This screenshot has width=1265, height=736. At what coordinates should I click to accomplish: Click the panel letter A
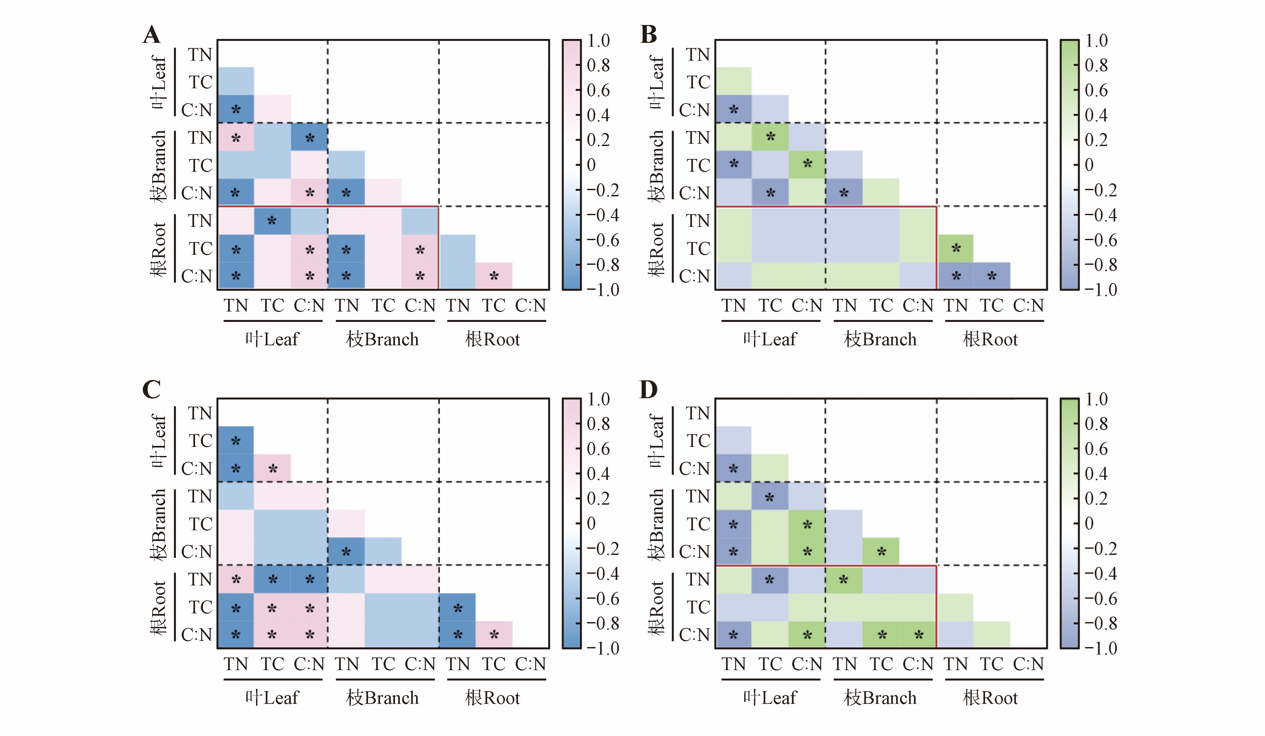(152, 35)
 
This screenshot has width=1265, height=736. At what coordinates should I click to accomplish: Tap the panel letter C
(152, 390)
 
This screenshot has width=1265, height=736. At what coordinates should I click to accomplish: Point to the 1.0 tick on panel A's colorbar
(598, 41)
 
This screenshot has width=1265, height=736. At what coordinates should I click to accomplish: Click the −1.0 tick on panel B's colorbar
(1100, 290)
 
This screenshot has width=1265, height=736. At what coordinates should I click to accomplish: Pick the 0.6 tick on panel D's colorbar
(1096, 448)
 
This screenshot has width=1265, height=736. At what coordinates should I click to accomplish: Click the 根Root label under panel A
(492, 339)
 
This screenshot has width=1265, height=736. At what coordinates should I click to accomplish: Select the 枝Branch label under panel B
(880, 339)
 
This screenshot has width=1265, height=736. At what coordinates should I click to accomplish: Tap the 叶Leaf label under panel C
(272, 698)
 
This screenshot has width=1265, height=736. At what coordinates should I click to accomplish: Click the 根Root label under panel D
(990, 698)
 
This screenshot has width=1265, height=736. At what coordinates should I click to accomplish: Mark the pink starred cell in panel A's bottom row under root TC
(494, 276)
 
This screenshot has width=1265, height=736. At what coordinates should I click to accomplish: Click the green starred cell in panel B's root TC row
(956, 248)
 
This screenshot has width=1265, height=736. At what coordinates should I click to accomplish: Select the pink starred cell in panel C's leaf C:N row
(273, 468)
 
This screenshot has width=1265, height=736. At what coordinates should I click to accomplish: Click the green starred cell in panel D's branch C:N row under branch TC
(881, 551)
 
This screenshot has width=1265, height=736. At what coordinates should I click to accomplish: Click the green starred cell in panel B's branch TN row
(770, 137)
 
